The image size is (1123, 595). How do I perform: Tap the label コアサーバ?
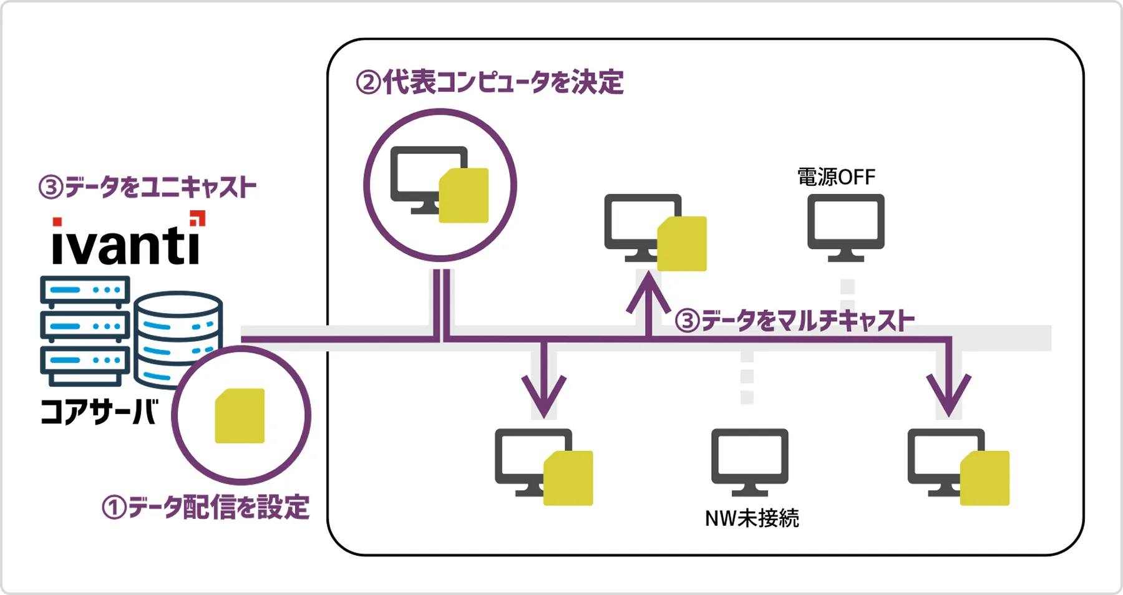tap(99, 412)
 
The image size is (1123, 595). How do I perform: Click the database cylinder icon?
tap(178, 337)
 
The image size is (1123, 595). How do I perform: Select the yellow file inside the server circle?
tap(240, 416)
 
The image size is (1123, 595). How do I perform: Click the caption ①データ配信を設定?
tap(206, 507)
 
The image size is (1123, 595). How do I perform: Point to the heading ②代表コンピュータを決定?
tap(490, 82)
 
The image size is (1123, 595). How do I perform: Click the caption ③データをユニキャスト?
tap(148, 187)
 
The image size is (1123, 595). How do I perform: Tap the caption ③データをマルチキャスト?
tap(795, 321)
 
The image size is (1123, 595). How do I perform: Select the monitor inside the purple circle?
tap(429, 180)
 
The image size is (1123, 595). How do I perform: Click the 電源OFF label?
tap(836, 177)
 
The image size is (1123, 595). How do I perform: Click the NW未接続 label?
tap(752, 518)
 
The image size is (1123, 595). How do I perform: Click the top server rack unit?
tap(85, 291)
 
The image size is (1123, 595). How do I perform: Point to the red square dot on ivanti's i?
tap(57, 222)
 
